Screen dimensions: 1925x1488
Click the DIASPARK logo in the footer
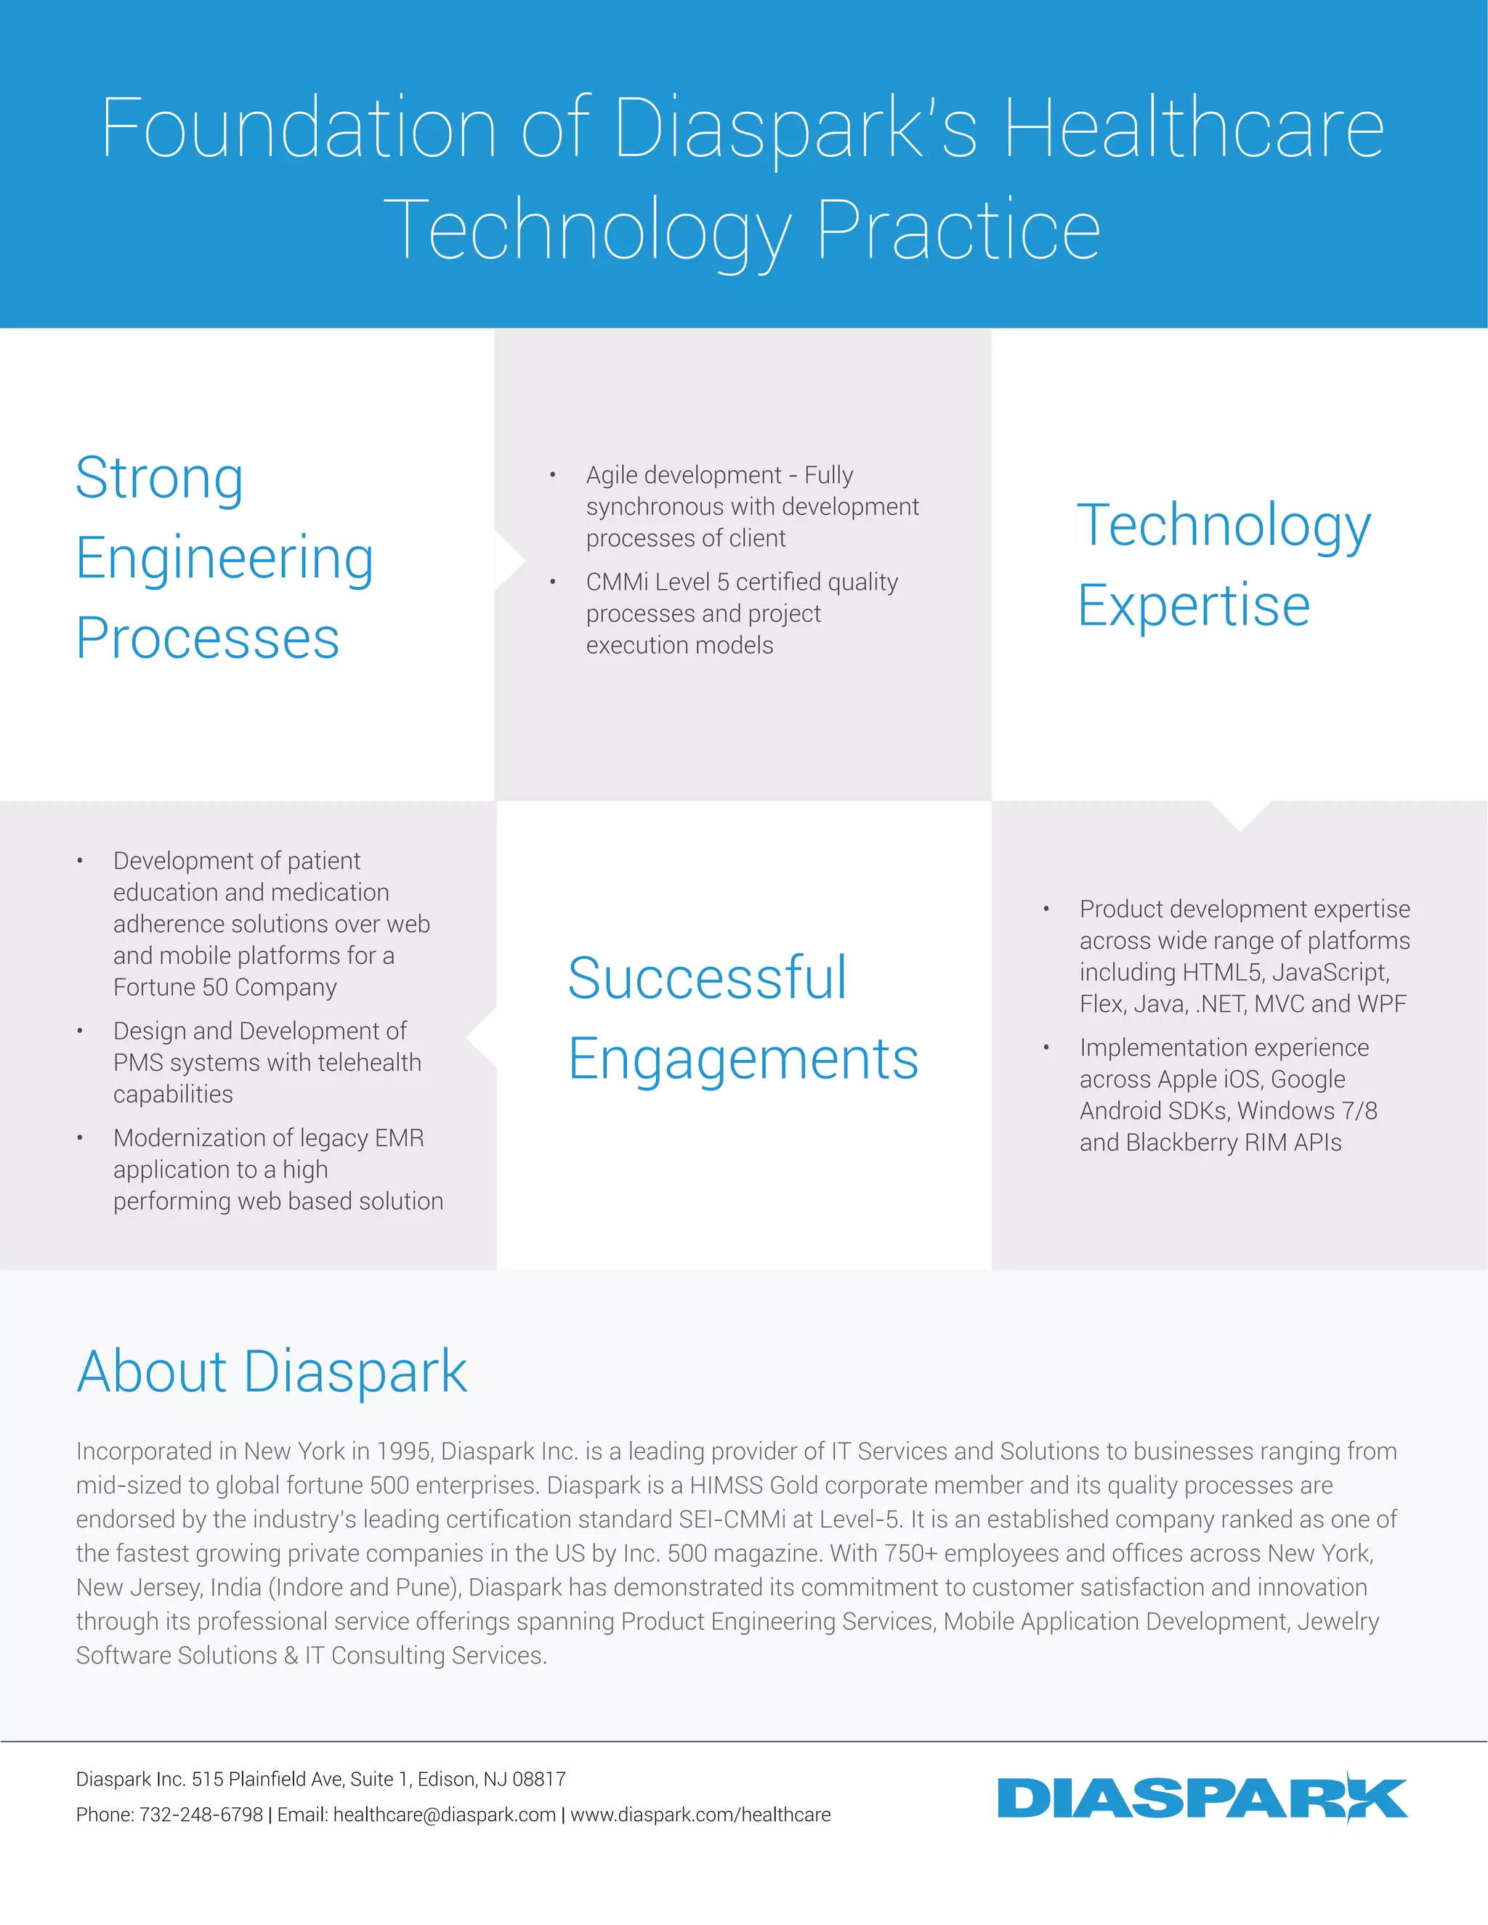1202,1798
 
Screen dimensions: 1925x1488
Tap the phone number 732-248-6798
201,1815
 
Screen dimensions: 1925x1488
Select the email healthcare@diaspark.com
444,1815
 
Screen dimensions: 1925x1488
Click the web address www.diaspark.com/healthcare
701,1815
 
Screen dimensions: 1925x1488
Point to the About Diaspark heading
272,1372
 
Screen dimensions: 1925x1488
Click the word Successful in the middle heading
707,978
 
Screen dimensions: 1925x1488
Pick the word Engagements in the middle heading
743,1058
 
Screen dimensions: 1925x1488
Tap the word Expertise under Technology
1194,607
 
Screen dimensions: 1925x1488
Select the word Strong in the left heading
160,479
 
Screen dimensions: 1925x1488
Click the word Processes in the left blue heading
208,638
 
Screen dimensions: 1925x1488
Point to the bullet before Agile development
553,476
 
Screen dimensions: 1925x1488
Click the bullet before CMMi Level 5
553,583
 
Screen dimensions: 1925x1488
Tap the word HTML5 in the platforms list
1221,972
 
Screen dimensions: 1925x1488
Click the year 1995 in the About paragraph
404,1451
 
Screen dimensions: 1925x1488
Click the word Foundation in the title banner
299,129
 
